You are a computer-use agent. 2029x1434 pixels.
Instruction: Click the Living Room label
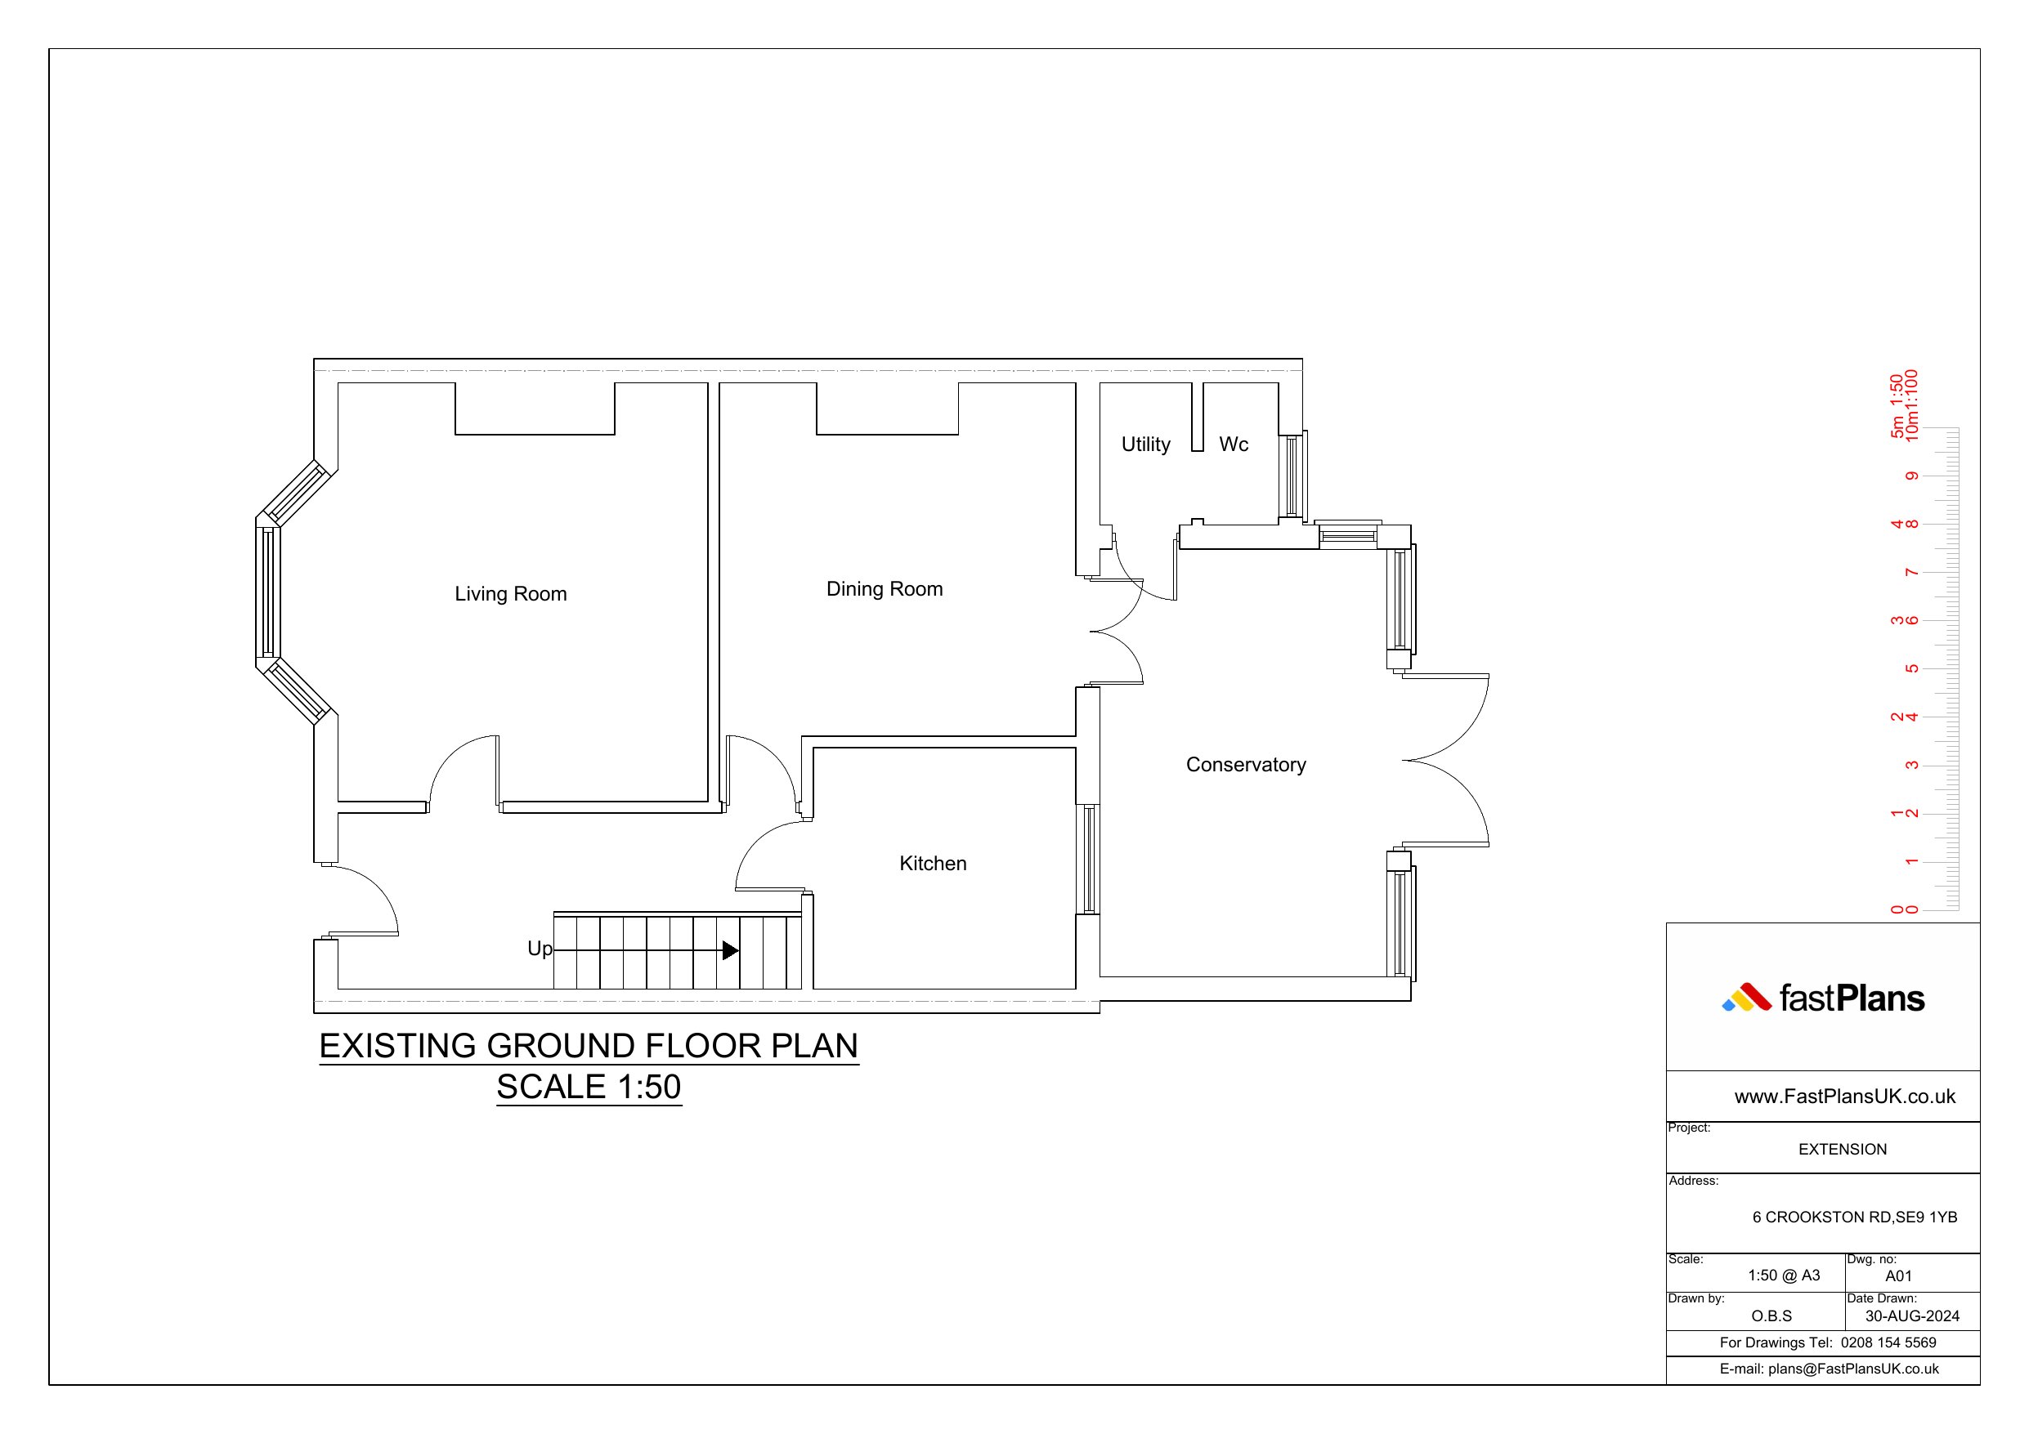click(511, 594)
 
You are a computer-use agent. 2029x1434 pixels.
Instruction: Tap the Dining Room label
click(885, 589)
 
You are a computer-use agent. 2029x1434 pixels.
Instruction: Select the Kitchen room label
click(934, 863)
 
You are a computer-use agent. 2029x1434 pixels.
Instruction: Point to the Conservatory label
click(1246, 765)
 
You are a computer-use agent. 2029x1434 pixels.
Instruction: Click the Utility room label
click(1146, 444)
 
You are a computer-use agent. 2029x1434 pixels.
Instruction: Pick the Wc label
click(1234, 444)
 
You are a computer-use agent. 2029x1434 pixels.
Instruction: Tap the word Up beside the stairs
click(540, 949)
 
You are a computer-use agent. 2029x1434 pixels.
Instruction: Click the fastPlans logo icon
click(1746, 998)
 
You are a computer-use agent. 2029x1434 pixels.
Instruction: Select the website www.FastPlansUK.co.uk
click(1845, 1097)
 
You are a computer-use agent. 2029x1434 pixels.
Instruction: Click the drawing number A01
click(1898, 1275)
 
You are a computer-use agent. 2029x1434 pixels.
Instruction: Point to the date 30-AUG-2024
click(1912, 1316)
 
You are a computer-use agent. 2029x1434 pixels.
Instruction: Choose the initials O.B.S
click(1771, 1316)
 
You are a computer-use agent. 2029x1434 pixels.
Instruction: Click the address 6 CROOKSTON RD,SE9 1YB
click(1855, 1217)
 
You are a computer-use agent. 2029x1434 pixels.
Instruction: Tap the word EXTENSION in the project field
click(1843, 1150)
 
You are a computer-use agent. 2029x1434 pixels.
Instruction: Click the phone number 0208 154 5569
click(1888, 1343)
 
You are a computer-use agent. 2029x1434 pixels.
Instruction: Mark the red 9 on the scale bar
click(1912, 476)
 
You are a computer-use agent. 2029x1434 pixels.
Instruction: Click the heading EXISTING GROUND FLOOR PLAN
click(589, 1046)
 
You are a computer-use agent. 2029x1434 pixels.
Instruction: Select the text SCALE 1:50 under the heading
click(589, 1087)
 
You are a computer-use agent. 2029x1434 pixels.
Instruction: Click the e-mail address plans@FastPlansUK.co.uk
click(1853, 1369)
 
